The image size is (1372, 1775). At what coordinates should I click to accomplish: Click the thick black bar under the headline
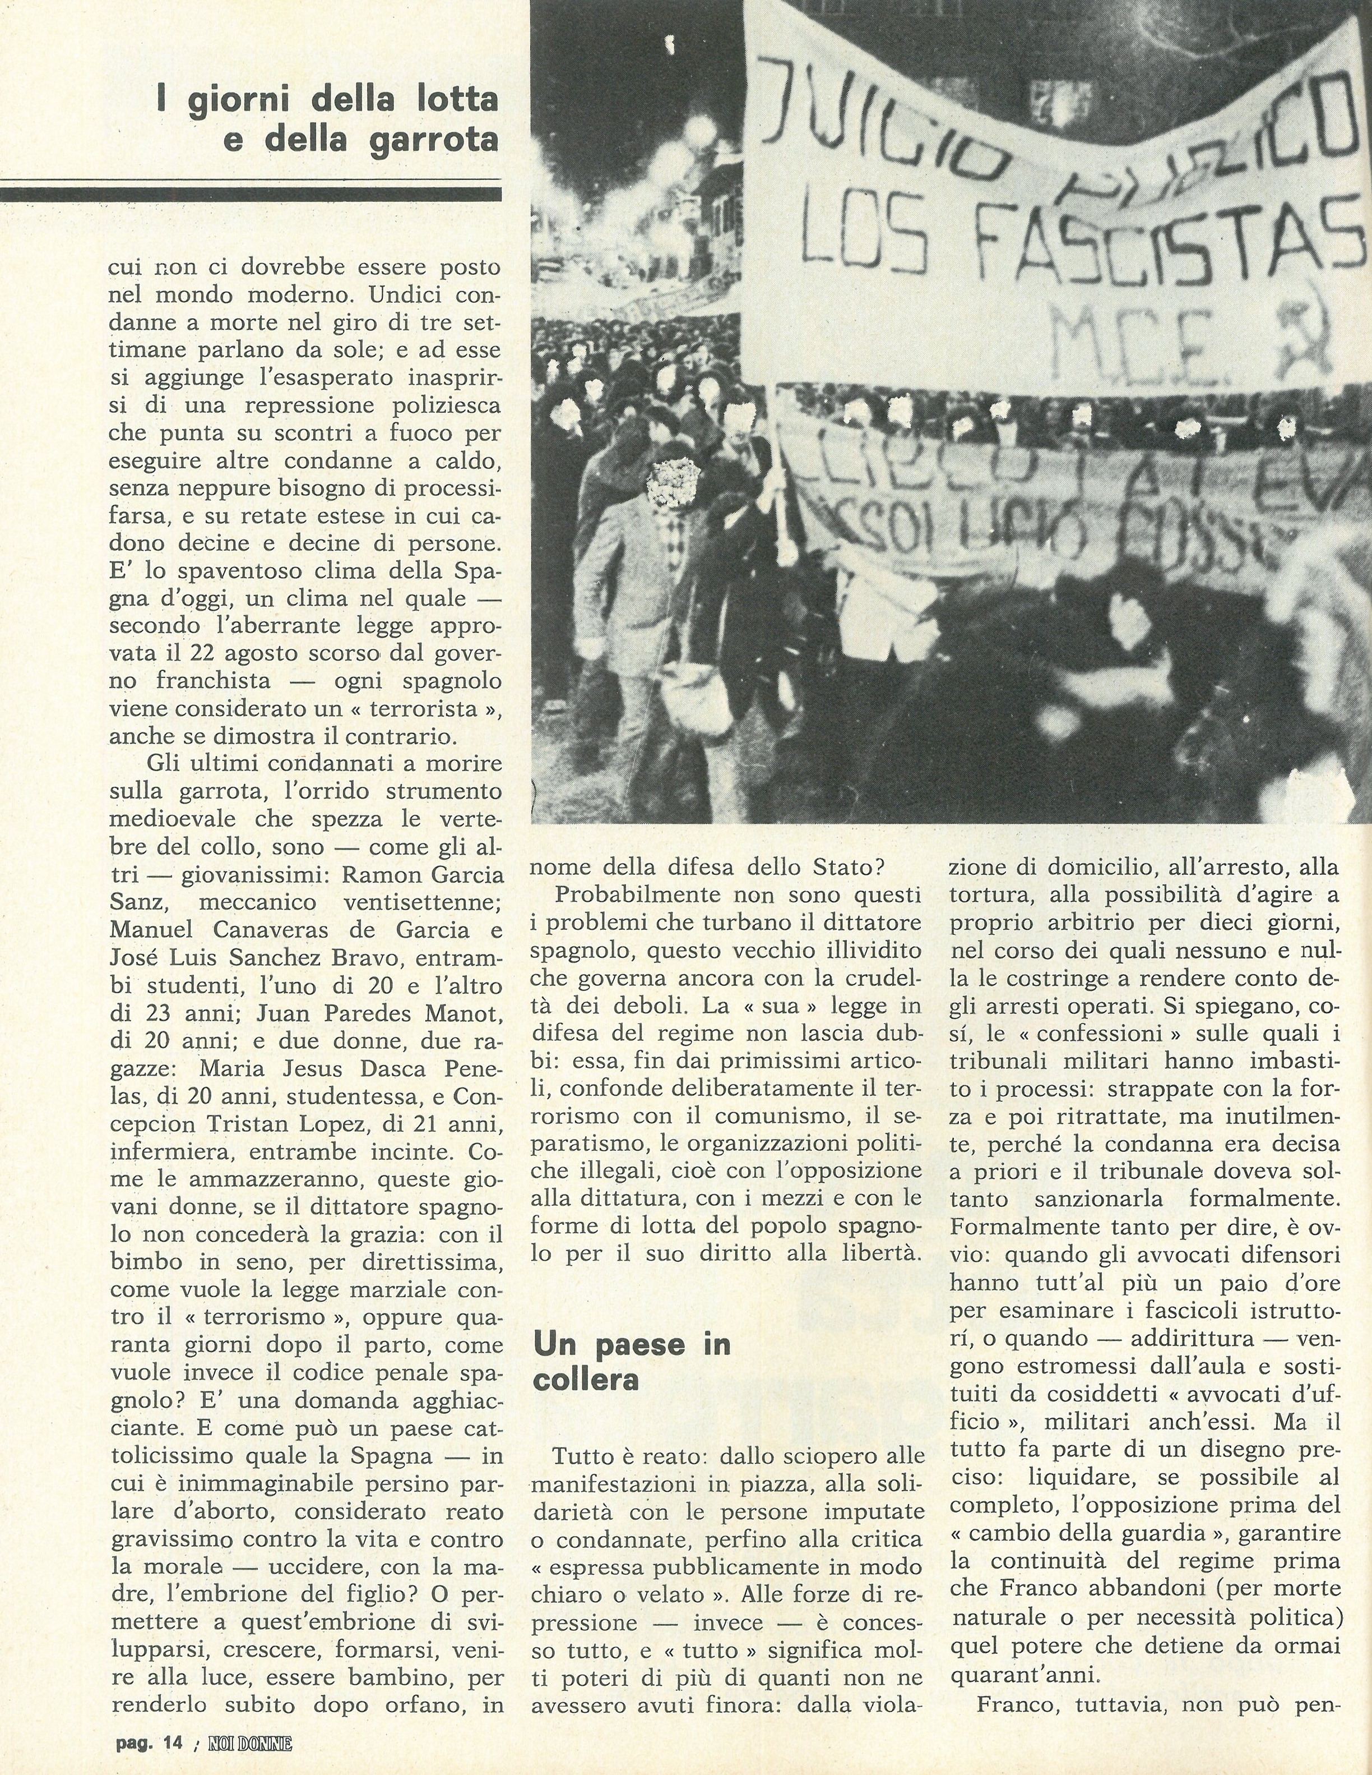250,194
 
